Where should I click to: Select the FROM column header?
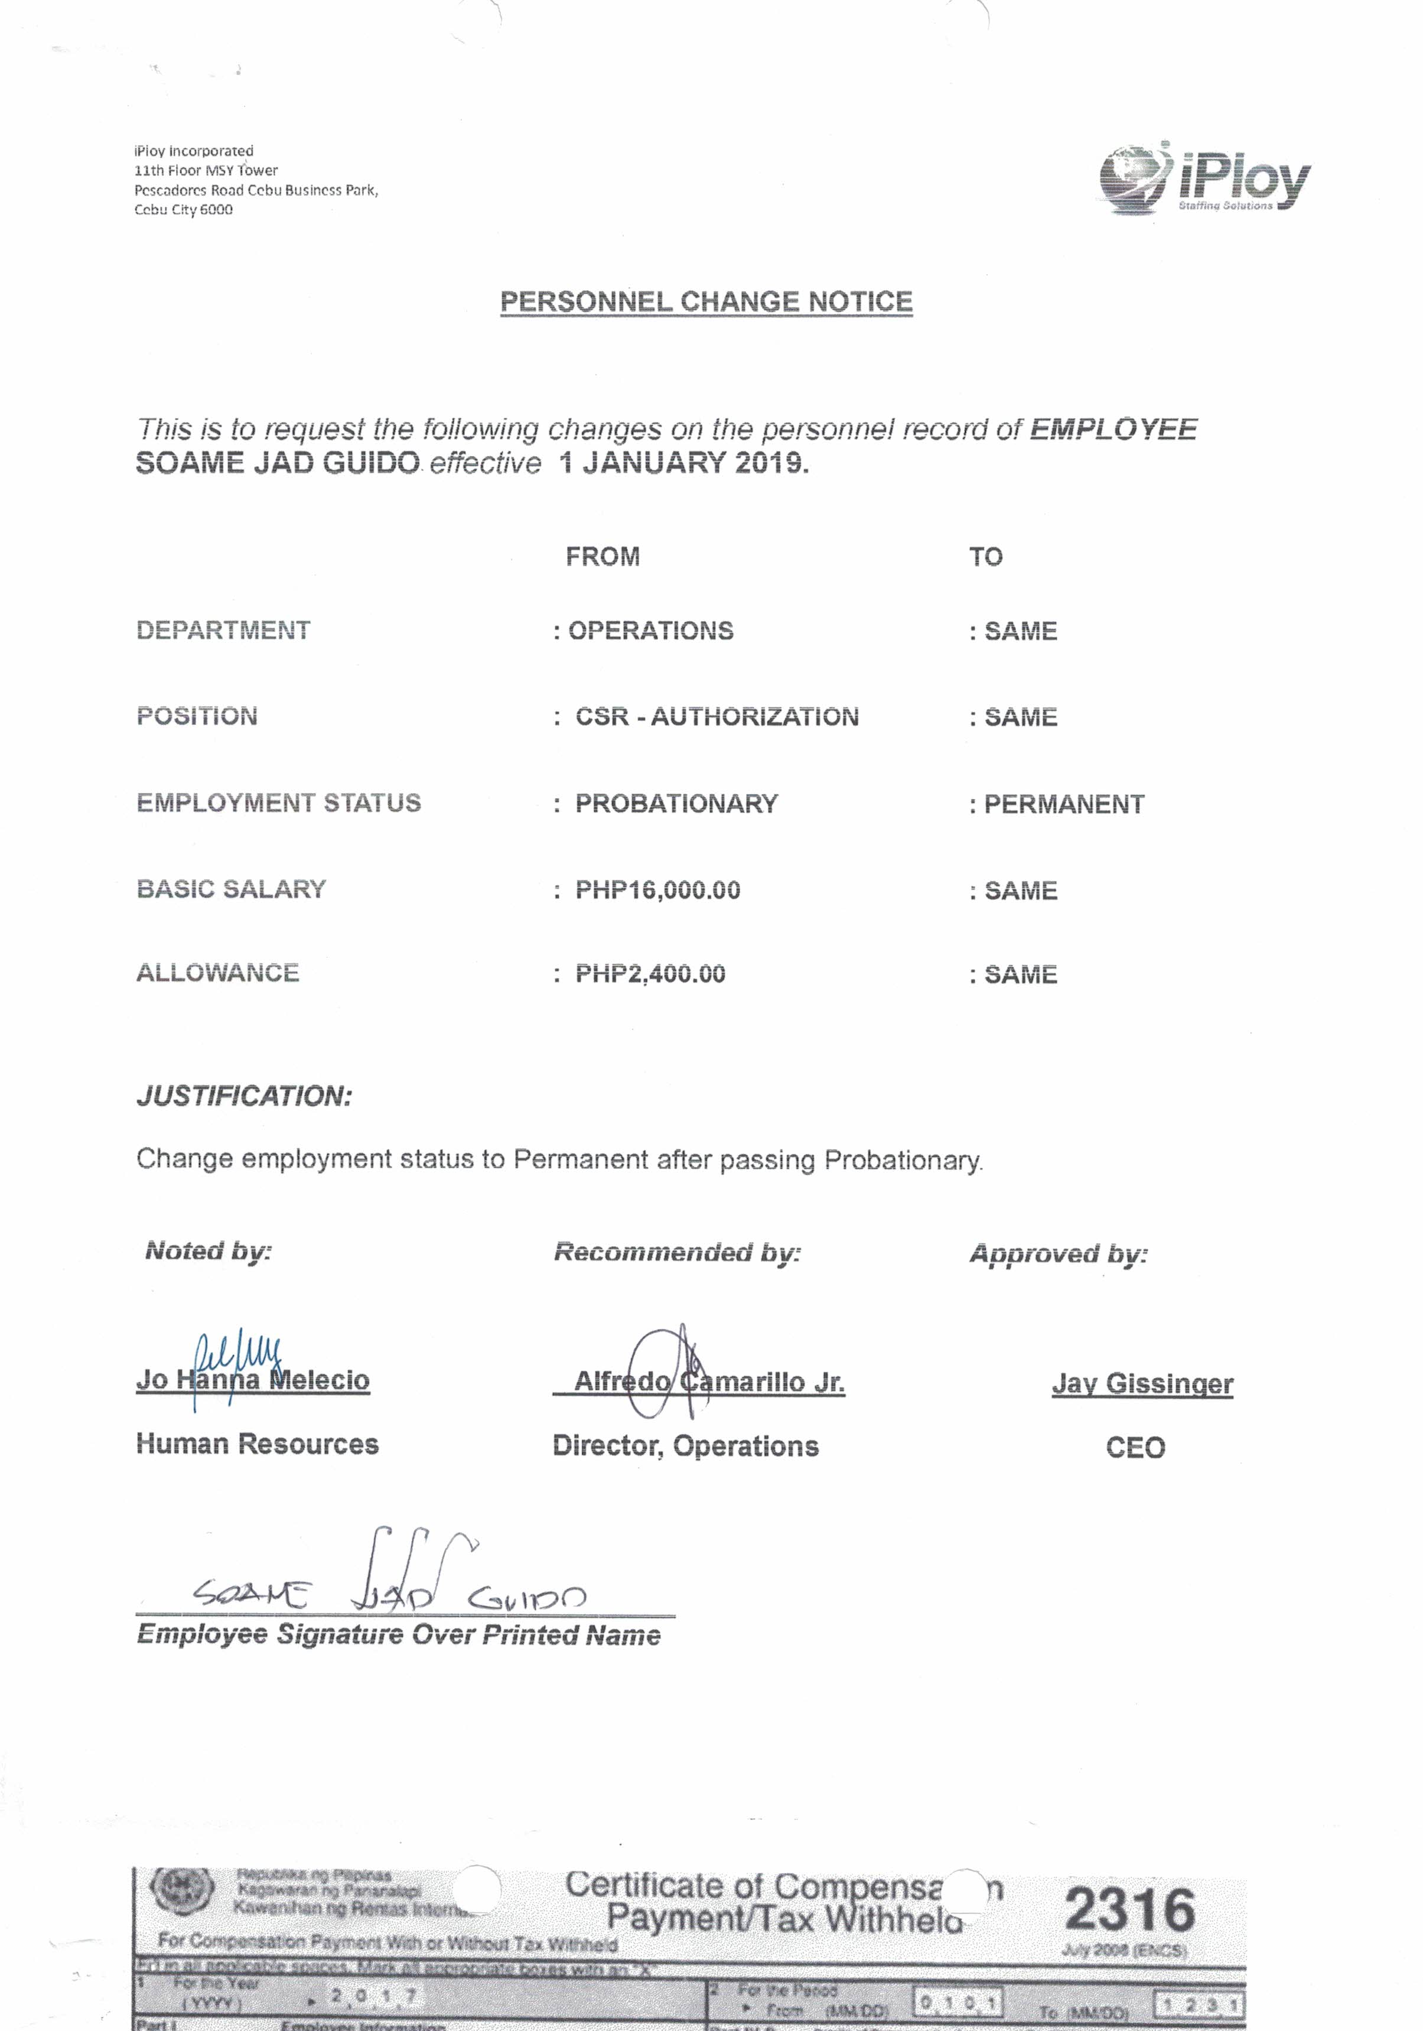[603, 557]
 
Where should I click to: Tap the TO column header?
[985, 557]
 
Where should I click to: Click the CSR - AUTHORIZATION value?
[717, 717]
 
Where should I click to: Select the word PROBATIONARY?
[676, 803]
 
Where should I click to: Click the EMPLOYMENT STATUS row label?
[279, 802]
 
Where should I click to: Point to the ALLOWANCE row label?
[217, 973]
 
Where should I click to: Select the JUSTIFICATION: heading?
[244, 1096]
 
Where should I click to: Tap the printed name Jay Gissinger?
[1142, 1383]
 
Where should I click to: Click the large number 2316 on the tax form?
[1129, 1910]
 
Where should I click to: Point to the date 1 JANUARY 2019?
[683, 463]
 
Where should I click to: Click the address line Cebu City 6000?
[183, 210]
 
